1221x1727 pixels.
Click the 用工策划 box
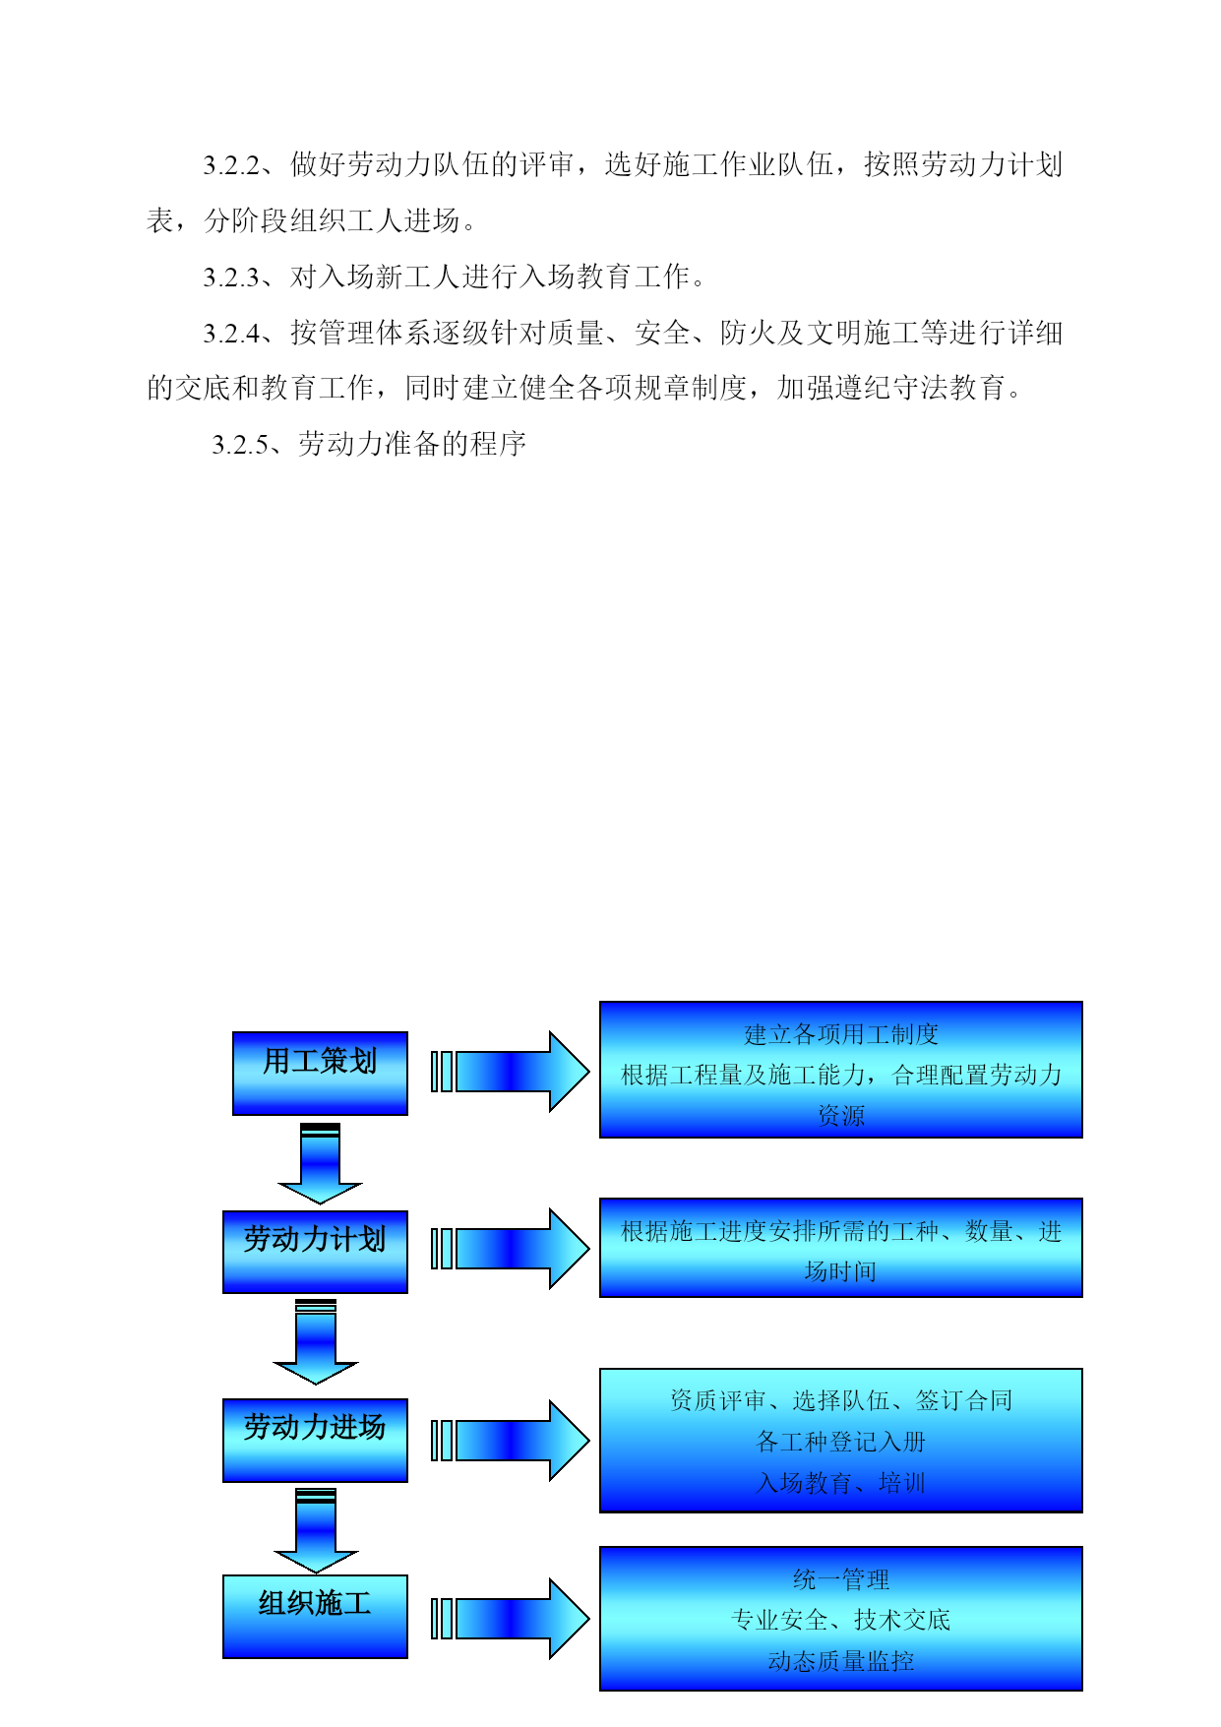pos(320,1073)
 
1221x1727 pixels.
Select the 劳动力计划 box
pos(315,1252)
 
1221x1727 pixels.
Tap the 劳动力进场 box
pos(315,1440)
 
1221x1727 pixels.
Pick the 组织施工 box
pos(315,1617)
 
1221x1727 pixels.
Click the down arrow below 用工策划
pos(320,1163)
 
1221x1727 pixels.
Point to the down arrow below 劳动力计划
pos(315,1342)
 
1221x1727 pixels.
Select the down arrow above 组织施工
pos(315,1530)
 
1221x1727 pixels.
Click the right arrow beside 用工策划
pos(511,1072)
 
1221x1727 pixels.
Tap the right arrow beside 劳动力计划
pos(511,1249)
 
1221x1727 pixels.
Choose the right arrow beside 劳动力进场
pos(511,1441)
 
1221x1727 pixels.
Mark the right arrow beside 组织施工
pos(511,1619)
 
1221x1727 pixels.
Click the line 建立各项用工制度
pos(841,1034)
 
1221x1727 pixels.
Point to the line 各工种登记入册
pos(841,1442)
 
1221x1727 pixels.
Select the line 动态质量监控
pos(841,1661)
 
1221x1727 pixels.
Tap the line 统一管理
pos(841,1579)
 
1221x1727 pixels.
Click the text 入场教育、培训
pos(841,1483)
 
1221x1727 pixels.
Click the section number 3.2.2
pos(231,165)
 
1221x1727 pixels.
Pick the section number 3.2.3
pos(231,278)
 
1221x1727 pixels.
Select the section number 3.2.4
pos(231,334)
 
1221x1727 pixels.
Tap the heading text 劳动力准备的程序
pos(412,444)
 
